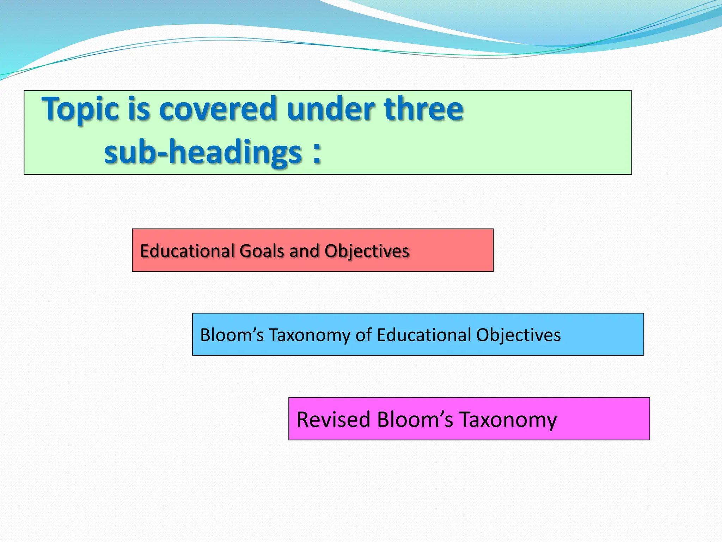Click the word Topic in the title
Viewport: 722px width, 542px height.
pos(80,109)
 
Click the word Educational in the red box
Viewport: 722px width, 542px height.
pos(187,251)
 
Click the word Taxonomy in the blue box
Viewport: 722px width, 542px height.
pos(310,335)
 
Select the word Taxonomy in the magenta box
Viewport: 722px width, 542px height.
pos(508,420)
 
